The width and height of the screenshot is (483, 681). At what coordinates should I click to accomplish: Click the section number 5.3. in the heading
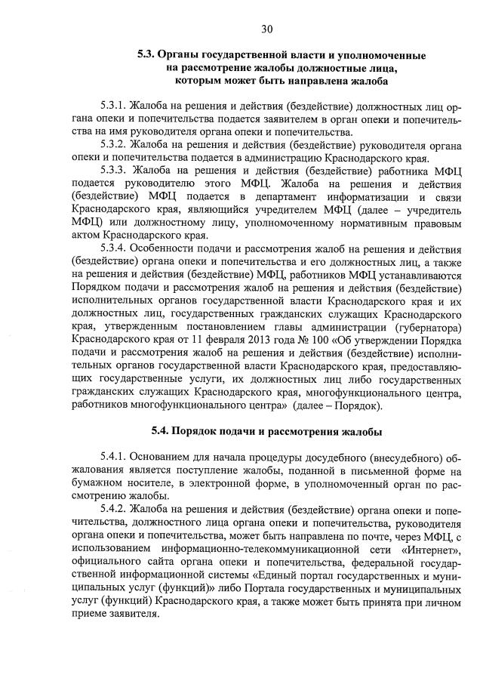147,55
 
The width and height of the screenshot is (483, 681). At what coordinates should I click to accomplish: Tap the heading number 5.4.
162,432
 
